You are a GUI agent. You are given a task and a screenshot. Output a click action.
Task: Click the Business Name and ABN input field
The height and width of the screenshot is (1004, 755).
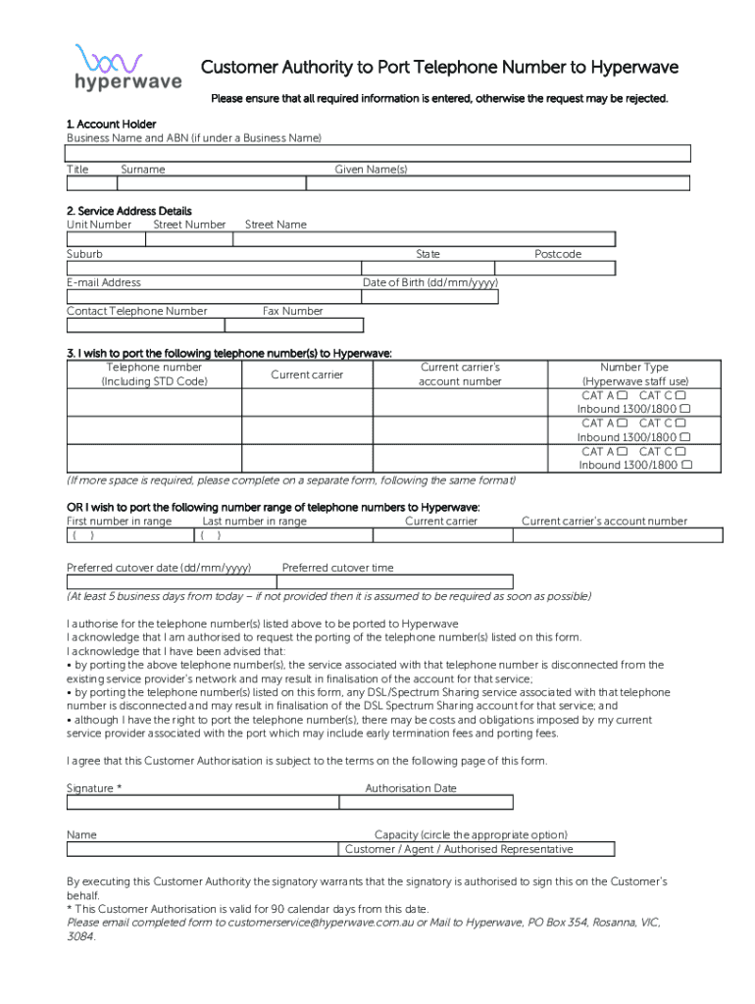(x=378, y=153)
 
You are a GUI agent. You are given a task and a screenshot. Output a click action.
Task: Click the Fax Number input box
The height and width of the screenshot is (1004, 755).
(x=294, y=326)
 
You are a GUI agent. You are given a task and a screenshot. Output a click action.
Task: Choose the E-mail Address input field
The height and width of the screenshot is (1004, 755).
(x=214, y=296)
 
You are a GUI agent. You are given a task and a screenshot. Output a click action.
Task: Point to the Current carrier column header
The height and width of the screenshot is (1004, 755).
(x=306, y=375)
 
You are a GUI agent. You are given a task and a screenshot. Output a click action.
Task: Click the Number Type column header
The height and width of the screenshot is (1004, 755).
(x=634, y=374)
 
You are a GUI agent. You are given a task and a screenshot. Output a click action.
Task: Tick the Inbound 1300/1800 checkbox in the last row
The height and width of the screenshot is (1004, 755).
(x=685, y=465)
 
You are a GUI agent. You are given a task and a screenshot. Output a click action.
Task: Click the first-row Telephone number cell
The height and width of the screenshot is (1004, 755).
(x=154, y=402)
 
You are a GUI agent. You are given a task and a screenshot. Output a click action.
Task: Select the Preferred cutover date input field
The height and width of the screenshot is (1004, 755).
(x=172, y=582)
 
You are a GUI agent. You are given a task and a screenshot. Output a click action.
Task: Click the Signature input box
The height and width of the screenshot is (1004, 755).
(x=202, y=802)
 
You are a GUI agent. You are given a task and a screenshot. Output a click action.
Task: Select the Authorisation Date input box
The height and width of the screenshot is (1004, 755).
(x=426, y=802)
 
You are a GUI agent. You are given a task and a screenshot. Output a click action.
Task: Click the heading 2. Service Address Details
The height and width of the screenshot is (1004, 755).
(x=129, y=211)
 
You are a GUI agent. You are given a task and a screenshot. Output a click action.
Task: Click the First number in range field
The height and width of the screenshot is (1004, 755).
(x=131, y=535)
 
